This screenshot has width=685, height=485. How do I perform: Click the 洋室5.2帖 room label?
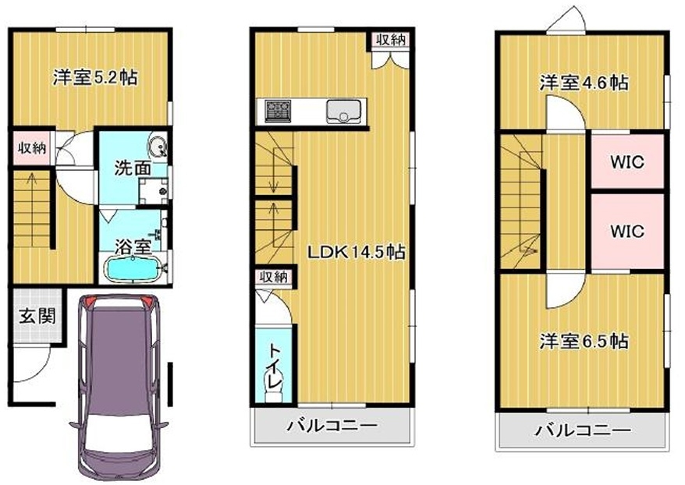[x=95, y=78]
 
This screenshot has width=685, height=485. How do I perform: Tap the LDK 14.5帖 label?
[x=356, y=253]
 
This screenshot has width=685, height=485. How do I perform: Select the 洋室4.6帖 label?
[x=584, y=82]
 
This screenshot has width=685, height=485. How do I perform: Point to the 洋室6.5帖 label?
[x=584, y=341]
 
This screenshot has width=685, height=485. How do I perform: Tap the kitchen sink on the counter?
[x=344, y=112]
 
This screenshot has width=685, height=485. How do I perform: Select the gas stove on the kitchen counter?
[x=278, y=111]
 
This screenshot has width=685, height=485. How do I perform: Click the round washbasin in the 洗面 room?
[x=157, y=147]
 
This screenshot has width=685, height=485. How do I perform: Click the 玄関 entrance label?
[x=37, y=315]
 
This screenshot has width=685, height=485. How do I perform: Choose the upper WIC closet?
[x=627, y=162]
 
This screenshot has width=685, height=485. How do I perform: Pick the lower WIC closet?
[x=627, y=231]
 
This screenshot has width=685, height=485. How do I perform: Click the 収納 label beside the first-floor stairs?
[x=31, y=147]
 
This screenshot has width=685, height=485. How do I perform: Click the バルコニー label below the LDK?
[x=332, y=426]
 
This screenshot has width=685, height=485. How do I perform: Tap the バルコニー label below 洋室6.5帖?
[x=583, y=431]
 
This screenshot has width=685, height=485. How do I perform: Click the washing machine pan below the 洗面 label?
[x=154, y=191]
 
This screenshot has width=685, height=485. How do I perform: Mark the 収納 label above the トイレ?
[x=274, y=277]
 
